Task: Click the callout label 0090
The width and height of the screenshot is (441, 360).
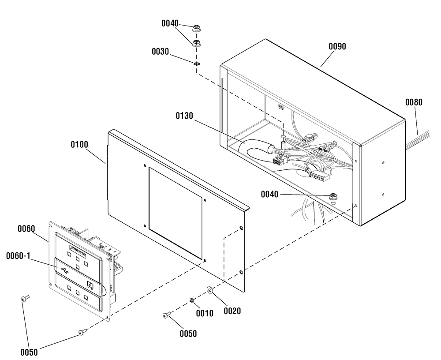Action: coord(337,46)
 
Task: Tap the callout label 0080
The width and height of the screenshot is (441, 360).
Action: coord(414,102)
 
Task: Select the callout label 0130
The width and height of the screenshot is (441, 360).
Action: coord(184,116)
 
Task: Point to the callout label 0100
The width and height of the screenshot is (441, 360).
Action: coord(79,145)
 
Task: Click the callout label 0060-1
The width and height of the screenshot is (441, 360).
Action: coord(18,256)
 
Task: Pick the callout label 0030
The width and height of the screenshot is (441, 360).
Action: coord(161,52)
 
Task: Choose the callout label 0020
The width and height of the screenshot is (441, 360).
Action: coord(232,311)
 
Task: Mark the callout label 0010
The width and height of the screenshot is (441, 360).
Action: coord(205,313)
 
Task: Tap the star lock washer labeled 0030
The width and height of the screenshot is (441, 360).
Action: coord(197,64)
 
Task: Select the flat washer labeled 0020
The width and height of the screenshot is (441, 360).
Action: coord(210,290)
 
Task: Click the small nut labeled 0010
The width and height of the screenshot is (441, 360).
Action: coord(192,300)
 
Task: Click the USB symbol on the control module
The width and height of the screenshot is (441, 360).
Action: coord(64,270)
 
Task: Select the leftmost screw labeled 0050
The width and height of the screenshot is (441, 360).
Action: coord(25,298)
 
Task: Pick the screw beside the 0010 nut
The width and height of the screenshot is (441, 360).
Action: coord(167,315)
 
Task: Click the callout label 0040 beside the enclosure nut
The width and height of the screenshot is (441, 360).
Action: coord(269,194)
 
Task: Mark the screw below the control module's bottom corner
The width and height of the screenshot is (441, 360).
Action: coord(82,332)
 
